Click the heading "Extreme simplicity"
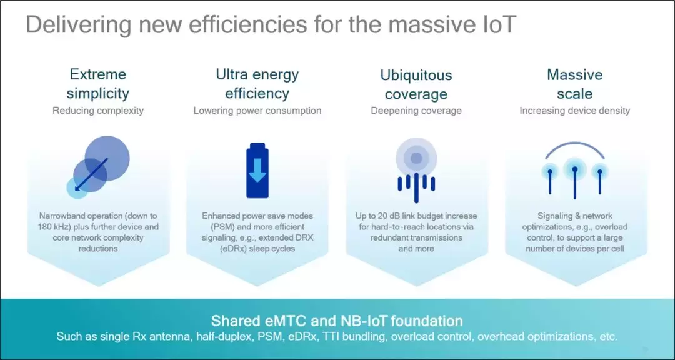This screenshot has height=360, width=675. pos(98,84)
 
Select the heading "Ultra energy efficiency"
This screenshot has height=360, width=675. pos(257,84)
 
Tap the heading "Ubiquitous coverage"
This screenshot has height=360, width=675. pos(416,84)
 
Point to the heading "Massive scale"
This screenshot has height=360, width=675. pos(575,84)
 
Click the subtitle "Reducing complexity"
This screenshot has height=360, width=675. pos(98,111)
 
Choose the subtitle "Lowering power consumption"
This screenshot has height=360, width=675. pos(257,111)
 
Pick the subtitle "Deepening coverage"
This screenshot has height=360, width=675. pos(416,111)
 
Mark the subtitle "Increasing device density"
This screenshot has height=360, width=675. pos(575,111)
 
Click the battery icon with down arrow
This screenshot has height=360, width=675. pos(257,171)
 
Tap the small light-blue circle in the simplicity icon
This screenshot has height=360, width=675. pos(77,188)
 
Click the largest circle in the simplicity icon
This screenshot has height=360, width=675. pos(107,158)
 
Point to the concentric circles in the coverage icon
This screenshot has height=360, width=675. pos(416,158)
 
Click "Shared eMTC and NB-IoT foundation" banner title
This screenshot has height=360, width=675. pos(337,321)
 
